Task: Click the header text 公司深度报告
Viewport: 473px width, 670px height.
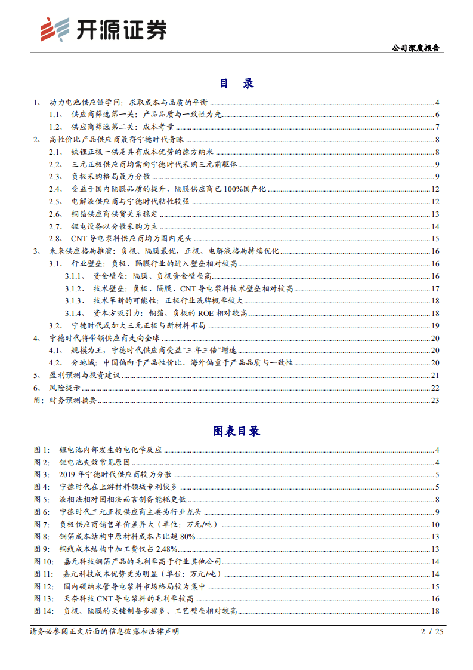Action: pos(416,48)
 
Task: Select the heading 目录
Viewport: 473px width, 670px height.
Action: pos(236,83)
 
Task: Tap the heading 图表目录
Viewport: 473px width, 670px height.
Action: pos(236,431)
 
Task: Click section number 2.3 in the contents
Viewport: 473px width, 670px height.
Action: pos(55,176)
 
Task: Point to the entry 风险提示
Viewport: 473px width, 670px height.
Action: pos(66,388)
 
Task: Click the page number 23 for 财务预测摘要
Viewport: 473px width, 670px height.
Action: pos(435,399)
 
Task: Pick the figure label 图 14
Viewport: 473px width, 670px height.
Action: pos(44,611)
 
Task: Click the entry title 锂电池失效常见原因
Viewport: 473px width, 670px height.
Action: pos(99,462)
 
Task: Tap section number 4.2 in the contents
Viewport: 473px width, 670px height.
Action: pos(55,362)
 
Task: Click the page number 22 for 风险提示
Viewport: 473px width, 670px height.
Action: pos(435,388)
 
